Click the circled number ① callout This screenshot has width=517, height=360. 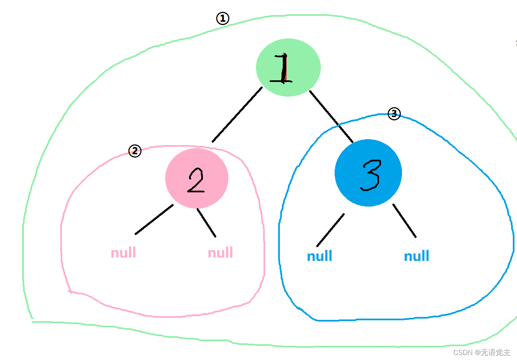coord(223,18)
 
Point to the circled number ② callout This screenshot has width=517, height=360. coord(135,151)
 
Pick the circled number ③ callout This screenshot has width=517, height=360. coord(394,113)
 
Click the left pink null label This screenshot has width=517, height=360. coord(123,253)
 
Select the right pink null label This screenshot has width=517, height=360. coord(220,253)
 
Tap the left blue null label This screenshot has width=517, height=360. coord(320,256)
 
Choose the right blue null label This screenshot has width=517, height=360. coord(417,256)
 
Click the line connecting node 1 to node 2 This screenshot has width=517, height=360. coord(237,115)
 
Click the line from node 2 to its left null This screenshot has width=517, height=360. coord(154,220)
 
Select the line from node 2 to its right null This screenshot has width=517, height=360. coord(207,223)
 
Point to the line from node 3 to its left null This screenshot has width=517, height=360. coord(330,230)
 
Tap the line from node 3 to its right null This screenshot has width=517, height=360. coord(404,221)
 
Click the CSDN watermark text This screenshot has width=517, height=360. coord(481,352)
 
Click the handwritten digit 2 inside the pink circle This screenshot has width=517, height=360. coord(195,181)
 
